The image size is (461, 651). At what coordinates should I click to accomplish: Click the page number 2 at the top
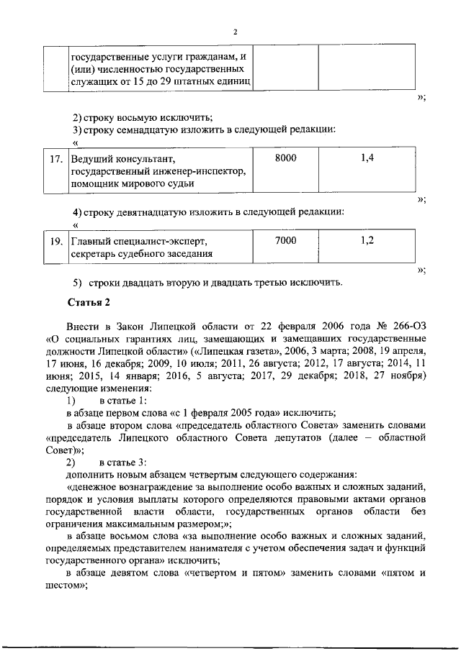click(x=235, y=31)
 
